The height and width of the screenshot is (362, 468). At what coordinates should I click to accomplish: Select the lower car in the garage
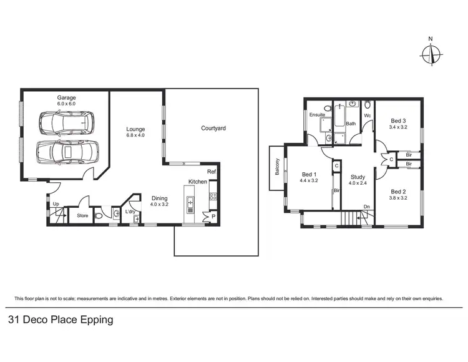point(67,151)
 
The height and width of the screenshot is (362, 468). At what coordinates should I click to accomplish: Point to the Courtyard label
point(213,129)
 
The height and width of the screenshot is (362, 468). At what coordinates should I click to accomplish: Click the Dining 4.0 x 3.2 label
point(160,201)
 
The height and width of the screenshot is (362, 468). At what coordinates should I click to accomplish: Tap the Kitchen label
point(198,182)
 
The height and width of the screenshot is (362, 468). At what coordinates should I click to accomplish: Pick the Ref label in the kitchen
point(212,172)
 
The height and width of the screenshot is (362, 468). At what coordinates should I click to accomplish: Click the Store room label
point(82,216)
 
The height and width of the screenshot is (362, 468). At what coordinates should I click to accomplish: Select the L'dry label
point(130,212)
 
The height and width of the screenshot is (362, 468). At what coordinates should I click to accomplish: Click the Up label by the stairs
point(56,204)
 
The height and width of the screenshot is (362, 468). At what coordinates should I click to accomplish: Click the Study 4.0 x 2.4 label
point(357,180)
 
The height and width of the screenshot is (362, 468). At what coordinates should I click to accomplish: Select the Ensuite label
point(318,115)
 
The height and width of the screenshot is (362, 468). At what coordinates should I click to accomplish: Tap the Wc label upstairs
point(368,115)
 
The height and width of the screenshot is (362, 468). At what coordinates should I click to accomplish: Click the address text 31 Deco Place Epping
point(61,320)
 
